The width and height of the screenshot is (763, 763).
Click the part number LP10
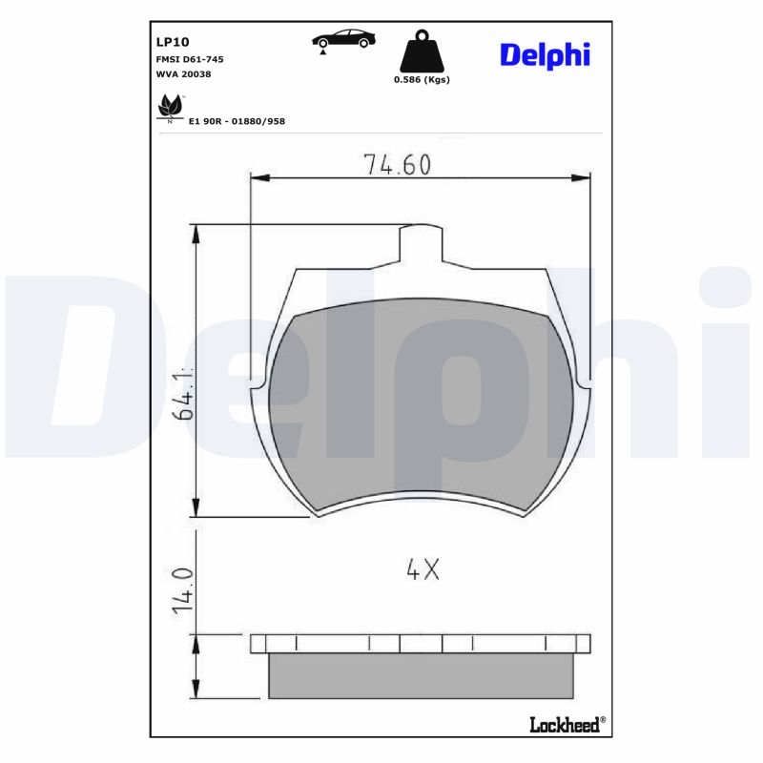click(173, 42)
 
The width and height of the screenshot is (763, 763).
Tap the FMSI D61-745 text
click(190, 59)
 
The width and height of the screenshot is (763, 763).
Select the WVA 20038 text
click(183, 74)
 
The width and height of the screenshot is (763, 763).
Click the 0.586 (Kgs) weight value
click(422, 80)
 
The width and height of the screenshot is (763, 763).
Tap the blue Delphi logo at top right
click(545, 55)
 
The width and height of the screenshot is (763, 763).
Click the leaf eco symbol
click(169, 106)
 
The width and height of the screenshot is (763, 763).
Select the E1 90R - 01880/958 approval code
click(237, 121)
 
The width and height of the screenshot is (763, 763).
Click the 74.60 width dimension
click(397, 164)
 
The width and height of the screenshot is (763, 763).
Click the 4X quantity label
click(422, 570)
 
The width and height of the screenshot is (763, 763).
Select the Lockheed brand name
click(565, 725)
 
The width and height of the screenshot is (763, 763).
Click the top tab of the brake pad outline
click(420, 244)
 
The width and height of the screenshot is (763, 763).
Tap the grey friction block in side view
click(420, 675)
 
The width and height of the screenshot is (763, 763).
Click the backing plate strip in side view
click(420, 644)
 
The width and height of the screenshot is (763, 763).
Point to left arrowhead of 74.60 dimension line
click(254, 175)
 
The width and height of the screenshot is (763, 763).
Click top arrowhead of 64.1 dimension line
click(196, 230)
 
